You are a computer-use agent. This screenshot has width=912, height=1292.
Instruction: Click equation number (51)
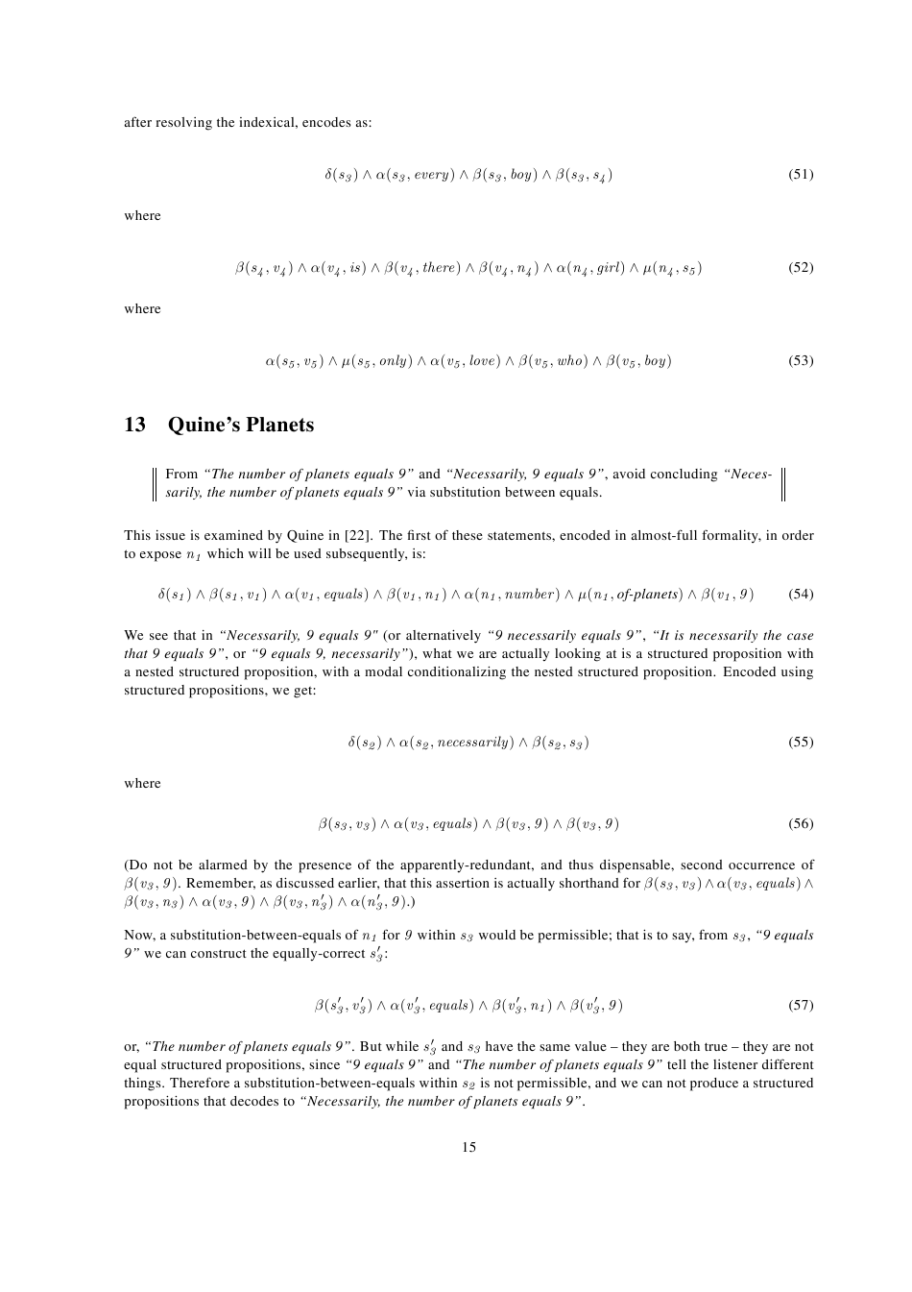[x=801, y=175]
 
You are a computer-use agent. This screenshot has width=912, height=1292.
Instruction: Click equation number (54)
[x=801, y=595]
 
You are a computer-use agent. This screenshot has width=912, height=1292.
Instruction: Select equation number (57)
[x=801, y=1006]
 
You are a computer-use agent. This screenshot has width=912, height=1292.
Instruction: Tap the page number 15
[x=468, y=1147]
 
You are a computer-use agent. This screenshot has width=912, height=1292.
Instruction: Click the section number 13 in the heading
[x=134, y=425]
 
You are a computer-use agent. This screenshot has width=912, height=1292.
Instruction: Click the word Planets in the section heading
[x=278, y=425]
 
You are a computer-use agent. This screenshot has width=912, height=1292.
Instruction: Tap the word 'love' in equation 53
[x=484, y=361]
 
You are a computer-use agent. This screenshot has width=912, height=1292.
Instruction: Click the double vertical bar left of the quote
[x=154, y=483]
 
